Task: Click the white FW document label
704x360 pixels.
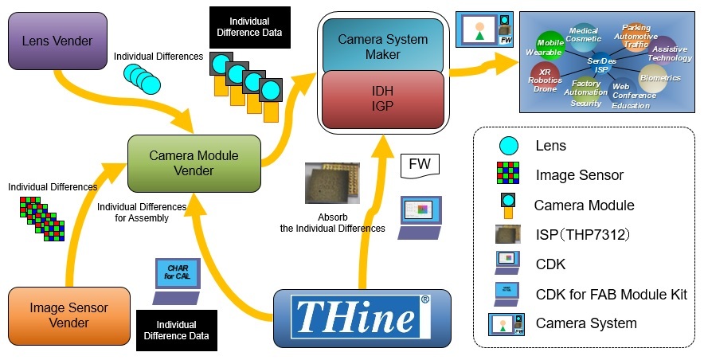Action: (x=419, y=165)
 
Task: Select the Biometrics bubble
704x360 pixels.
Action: (x=659, y=79)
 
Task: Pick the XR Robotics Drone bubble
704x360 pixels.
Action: (x=545, y=77)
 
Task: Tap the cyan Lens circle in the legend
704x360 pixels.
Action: (x=508, y=146)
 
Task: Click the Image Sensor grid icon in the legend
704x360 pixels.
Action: (x=508, y=175)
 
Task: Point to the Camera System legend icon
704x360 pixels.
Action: (x=507, y=323)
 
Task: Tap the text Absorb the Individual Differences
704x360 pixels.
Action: (x=332, y=222)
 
